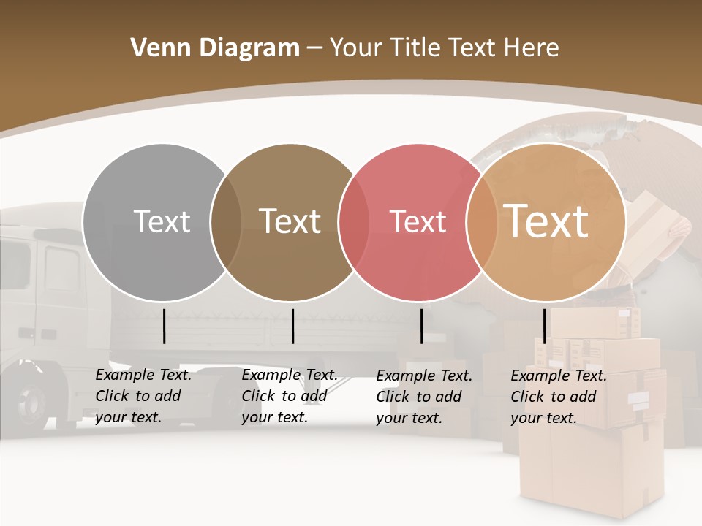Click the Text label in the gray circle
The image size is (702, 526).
(162, 221)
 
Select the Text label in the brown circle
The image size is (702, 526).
(290, 221)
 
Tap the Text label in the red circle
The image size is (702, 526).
(418, 222)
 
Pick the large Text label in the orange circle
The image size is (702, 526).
(546, 221)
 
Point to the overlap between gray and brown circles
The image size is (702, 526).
(226, 221)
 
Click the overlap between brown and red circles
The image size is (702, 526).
(354, 221)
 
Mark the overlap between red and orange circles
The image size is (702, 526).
(482, 221)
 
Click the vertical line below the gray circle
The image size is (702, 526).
(164, 326)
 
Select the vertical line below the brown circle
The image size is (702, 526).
(292, 326)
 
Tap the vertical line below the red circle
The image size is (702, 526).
(421, 326)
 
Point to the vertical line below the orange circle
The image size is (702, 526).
(544, 326)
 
